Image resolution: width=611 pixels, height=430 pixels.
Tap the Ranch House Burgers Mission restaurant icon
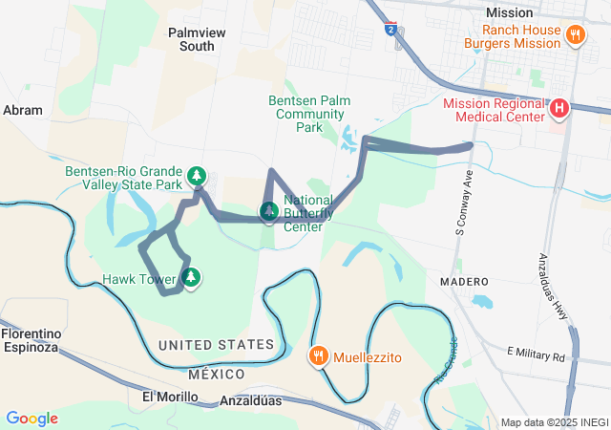[575, 35]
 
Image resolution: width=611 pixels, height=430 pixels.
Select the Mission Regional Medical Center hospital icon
[559, 110]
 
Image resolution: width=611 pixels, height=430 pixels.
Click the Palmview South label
[191, 38]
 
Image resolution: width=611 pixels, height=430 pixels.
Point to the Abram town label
[23, 110]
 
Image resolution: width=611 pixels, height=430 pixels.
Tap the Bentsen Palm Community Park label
[307, 113]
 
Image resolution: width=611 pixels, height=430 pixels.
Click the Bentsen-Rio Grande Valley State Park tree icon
[197, 176]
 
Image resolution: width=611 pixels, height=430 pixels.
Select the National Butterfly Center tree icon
[270, 210]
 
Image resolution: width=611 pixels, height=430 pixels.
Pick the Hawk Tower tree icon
[192, 278]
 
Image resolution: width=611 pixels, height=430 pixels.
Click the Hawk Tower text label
[139, 280]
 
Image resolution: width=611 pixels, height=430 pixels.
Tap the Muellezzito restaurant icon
[318, 356]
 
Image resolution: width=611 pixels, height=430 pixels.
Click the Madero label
[464, 283]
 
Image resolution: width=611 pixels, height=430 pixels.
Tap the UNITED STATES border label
[216, 345]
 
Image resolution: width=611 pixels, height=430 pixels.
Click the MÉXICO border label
[216, 374]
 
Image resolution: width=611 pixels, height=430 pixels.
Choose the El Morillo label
[169, 397]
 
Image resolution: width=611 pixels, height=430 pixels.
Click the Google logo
[32, 419]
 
